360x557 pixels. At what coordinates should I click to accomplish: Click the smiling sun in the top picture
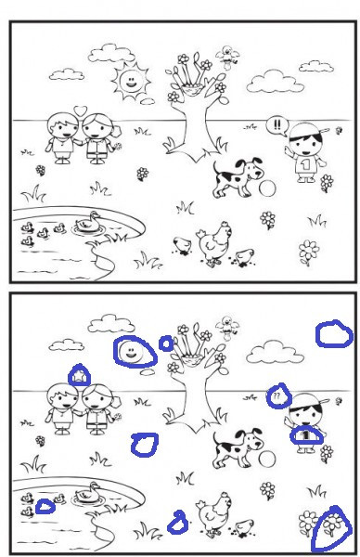click(130, 84)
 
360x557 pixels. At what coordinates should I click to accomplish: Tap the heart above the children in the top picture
click(81, 110)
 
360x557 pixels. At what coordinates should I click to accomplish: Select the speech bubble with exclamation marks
click(278, 124)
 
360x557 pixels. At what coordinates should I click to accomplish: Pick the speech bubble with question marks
click(277, 396)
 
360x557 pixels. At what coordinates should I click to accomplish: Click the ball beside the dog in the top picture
click(267, 188)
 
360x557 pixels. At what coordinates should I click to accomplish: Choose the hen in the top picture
click(215, 243)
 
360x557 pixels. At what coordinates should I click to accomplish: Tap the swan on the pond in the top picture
click(89, 221)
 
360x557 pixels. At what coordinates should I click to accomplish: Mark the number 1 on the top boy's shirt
click(302, 164)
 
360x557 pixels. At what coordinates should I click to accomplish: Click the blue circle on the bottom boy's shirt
click(306, 434)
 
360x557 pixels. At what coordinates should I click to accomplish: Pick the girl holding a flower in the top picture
click(98, 136)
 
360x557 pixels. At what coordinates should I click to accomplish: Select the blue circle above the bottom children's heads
click(80, 375)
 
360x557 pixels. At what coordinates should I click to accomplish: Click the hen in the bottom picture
click(215, 511)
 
